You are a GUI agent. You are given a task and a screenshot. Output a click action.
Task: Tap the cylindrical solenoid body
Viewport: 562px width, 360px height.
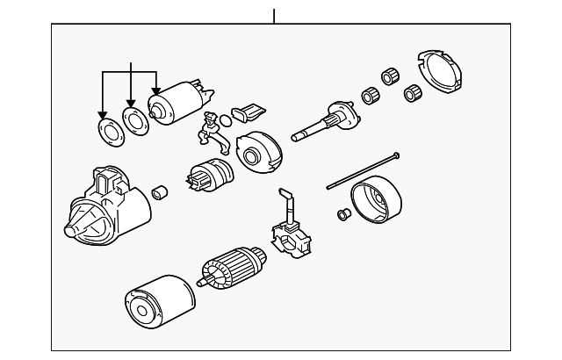click(176, 103)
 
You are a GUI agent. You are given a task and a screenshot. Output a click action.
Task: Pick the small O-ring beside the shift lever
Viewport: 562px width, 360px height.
click(227, 119)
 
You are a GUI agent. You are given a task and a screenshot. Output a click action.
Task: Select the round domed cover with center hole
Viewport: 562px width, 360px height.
click(256, 155)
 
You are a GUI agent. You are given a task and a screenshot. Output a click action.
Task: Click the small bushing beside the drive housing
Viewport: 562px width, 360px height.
click(159, 191)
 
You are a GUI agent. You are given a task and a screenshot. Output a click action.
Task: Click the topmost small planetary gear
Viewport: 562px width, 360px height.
click(387, 75)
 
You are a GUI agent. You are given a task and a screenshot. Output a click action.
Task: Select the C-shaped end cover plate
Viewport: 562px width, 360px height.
click(438, 76)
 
